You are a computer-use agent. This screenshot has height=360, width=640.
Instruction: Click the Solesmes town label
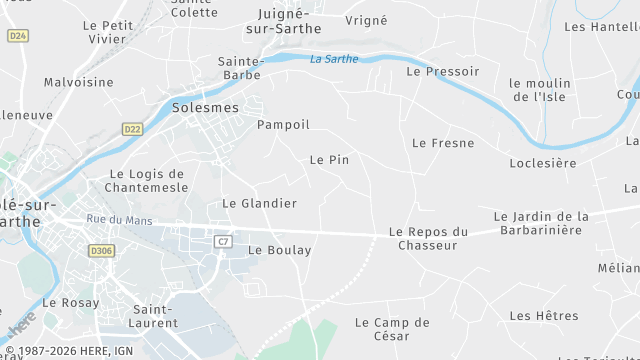pyautogui.click(x=205, y=107)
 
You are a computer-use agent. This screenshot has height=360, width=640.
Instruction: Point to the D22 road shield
pyautogui.click(x=132, y=129)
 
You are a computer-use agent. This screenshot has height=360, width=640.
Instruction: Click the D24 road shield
pyautogui.click(x=17, y=35)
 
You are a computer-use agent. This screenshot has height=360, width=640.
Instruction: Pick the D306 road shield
pyautogui.click(x=100, y=251)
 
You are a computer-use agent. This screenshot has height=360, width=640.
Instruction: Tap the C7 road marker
pyautogui.click(x=223, y=241)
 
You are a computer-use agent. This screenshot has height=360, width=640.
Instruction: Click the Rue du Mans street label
pyautogui.click(x=119, y=220)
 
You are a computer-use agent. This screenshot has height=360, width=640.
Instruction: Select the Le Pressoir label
pyautogui.click(x=442, y=72)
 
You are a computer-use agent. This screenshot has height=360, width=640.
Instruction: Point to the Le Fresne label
pyautogui.click(x=443, y=143)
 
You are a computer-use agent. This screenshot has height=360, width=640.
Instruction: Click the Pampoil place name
pyautogui.click(x=283, y=125)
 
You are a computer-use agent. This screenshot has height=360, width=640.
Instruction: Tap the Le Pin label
pyautogui.click(x=329, y=159)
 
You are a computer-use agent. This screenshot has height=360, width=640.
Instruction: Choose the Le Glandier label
pyautogui.click(x=259, y=203)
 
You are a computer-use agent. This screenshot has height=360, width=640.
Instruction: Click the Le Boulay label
pyautogui.click(x=279, y=250)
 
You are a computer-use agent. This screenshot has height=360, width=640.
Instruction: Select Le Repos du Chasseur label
pyautogui.click(x=428, y=238)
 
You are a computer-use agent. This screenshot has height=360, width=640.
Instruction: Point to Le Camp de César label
pyautogui.click(x=392, y=329)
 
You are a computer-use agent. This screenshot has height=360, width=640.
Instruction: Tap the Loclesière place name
pyautogui.click(x=542, y=163)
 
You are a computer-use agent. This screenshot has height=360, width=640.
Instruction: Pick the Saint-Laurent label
pyautogui.click(x=154, y=316)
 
